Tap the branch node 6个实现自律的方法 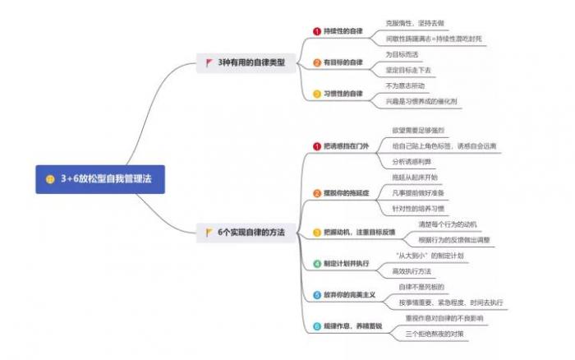coord(251,233)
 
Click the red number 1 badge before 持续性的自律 coord(317,31)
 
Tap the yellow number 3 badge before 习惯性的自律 coord(317,94)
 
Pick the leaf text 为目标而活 coord(402,54)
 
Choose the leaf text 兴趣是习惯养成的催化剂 coord(427,101)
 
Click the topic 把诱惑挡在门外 coord(346,146)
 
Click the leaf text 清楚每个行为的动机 coord(448,224)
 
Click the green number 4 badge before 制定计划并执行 coord(317,264)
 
